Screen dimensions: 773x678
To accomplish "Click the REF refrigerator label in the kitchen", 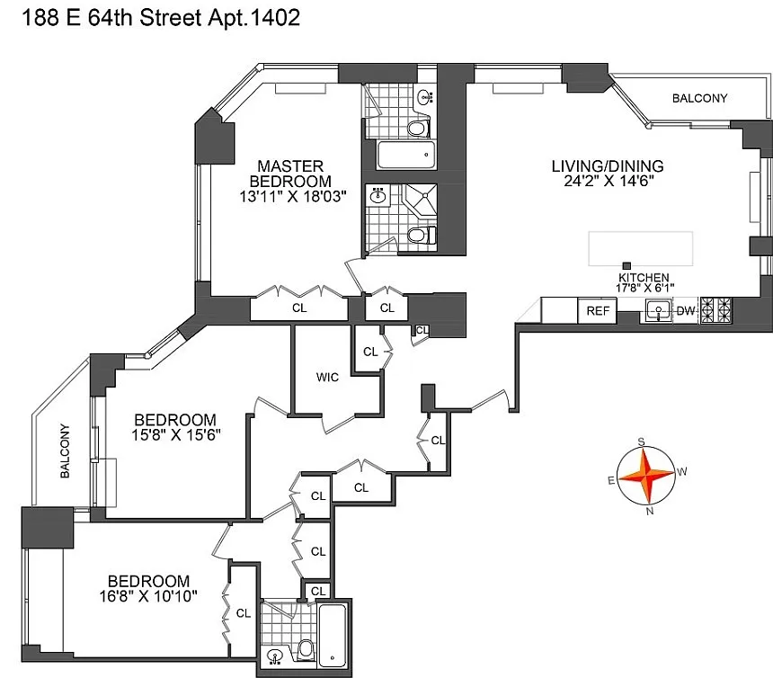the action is click(x=598, y=311).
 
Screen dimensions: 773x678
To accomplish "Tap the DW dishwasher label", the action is click(x=686, y=311).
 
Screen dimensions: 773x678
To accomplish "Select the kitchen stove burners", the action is click(x=716, y=310).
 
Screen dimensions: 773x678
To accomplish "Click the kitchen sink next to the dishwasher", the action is click(x=658, y=310).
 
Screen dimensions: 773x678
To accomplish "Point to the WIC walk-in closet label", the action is click(x=327, y=377).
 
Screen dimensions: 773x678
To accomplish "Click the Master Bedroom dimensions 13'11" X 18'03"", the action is click(x=293, y=197).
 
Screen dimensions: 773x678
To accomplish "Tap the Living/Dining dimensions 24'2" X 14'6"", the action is click(x=609, y=181).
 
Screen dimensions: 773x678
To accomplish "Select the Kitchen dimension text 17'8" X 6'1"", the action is click(x=644, y=288).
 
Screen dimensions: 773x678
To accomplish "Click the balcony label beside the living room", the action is click(x=699, y=98).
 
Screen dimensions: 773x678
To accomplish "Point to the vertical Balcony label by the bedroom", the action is click(x=65, y=451).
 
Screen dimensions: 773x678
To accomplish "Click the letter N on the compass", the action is click(x=650, y=512).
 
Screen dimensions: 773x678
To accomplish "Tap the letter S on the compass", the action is click(x=641, y=441).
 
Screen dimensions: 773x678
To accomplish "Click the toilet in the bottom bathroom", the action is click(x=306, y=648).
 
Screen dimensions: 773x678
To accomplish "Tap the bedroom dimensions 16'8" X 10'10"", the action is click(x=148, y=597).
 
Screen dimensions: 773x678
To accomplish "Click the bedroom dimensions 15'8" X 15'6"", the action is click(x=175, y=435).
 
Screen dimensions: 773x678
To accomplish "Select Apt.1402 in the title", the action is click(x=253, y=18).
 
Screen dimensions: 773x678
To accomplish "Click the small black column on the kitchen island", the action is click(x=626, y=266).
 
